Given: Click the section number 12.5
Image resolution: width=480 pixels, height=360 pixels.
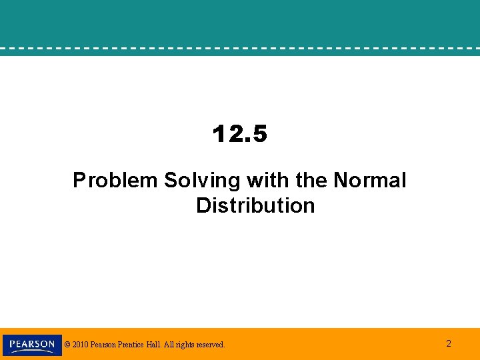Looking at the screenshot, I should (x=240, y=135).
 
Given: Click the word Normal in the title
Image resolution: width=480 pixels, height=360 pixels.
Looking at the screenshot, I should (x=370, y=180).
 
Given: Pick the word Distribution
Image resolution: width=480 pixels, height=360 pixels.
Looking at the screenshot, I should (x=255, y=205).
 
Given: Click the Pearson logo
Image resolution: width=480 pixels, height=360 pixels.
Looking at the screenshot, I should (x=32, y=345).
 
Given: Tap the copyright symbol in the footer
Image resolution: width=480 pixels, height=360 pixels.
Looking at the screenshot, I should (x=67, y=345).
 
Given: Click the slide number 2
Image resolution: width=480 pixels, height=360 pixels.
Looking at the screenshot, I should (x=449, y=344).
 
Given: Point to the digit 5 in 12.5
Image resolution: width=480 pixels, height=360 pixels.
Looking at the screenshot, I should (x=259, y=135).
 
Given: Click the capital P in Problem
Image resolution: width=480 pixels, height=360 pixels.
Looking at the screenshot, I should (x=79, y=180).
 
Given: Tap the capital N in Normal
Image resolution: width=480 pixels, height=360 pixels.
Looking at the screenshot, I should (x=341, y=180).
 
